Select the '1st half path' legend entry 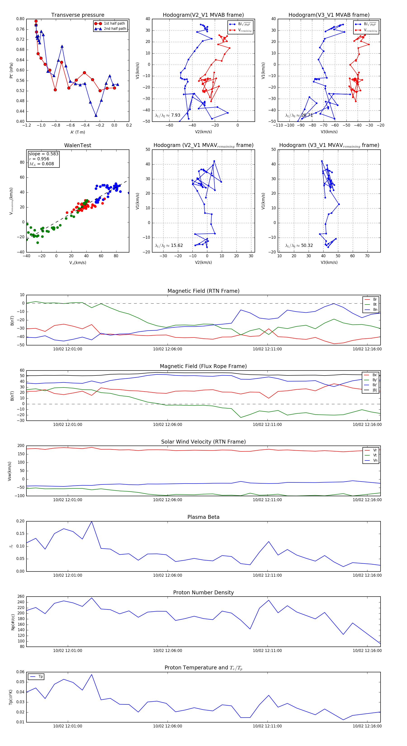pos(114,24)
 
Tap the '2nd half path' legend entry pos(115,29)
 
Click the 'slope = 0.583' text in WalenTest pos(43,154)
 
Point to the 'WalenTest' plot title pos(78,145)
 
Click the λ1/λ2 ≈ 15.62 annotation pos(169,246)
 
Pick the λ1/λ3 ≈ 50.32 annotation pos(299,246)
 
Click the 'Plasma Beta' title pos(203,517)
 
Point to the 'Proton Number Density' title pos(203,593)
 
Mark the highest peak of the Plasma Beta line pos(92,522)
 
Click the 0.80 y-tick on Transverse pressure pos(20,19)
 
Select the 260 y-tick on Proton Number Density pos(21,597)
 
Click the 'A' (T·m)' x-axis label pos(78,132)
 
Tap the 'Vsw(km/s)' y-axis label pos(9,471)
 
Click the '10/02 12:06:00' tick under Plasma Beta pos(167,575)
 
